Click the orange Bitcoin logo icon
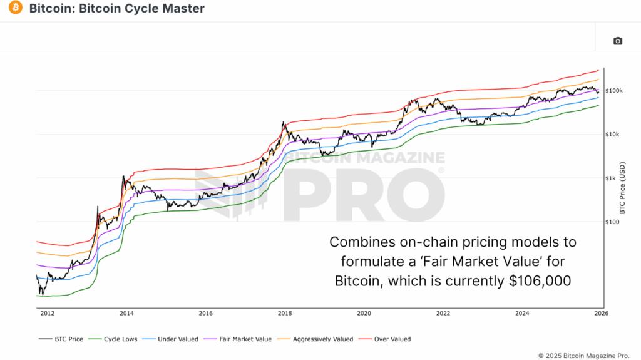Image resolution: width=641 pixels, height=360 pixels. (x=15, y=8)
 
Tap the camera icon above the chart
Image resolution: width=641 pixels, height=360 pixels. (x=618, y=41)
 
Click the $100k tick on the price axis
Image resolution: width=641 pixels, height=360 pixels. (x=613, y=91)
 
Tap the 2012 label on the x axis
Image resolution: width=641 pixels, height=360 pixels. (x=48, y=314)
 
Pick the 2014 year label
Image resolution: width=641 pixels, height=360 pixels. (x=126, y=314)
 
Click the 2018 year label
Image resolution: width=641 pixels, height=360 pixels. (x=285, y=314)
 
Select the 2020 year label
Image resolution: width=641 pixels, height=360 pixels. (x=364, y=314)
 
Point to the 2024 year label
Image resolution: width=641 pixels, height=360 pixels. (x=522, y=314)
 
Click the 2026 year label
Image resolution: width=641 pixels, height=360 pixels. (x=601, y=314)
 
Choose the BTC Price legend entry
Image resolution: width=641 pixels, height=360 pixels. (x=61, y=339)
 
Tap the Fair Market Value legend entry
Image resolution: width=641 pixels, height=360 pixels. (x=241, y=339)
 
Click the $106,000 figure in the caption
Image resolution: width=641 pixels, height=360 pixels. (x=540, y=282)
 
